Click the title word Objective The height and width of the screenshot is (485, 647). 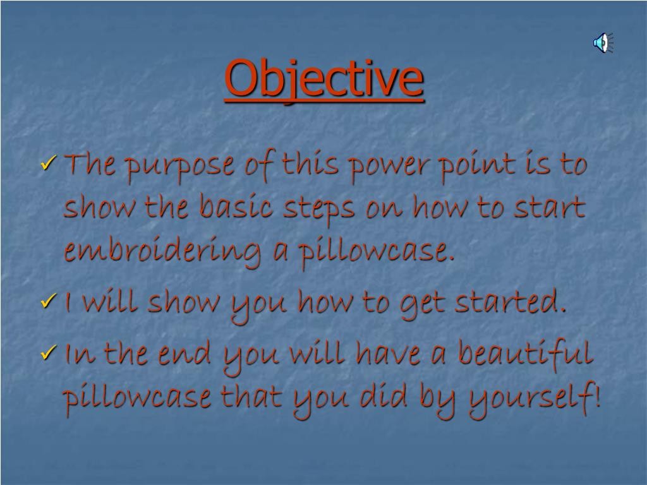pos(323,78)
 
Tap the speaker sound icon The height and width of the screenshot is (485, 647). pos(603,43)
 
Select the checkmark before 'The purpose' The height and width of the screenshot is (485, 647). pos(49,166)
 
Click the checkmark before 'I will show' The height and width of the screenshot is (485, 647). pos(49,302)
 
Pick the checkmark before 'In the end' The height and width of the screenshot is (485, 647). pos(49,354)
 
